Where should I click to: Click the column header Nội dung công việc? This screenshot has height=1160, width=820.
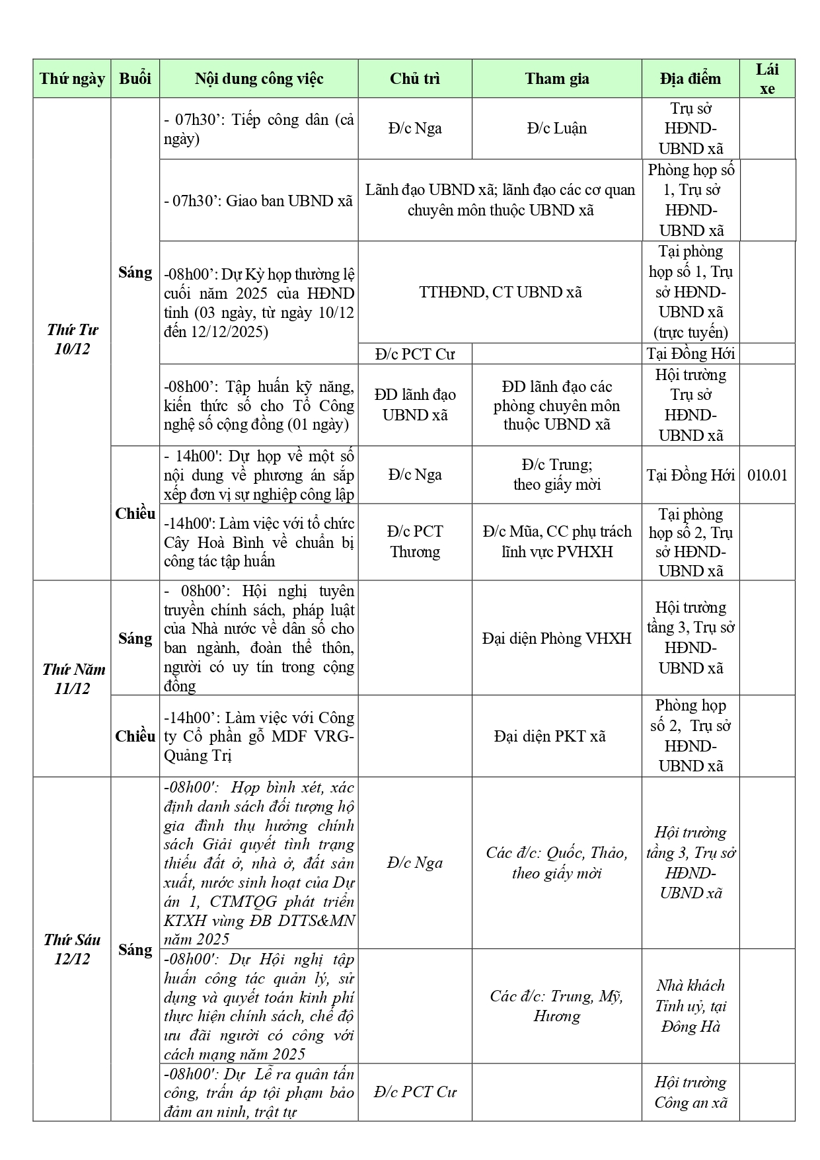click(x=259, y=79)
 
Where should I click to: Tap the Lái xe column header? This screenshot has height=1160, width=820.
click(x=766, y=79)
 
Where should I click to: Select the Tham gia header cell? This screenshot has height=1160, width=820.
click(x=556, y=79)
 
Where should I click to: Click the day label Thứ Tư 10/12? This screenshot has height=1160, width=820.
click(x=72, y=339)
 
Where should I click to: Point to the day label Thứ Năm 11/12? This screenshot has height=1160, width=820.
click(x=72, y=678)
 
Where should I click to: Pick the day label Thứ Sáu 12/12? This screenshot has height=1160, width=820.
click(x=72, y=948)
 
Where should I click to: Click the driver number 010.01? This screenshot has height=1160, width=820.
click(x=766, y=475)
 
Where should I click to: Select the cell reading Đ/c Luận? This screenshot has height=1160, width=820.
click(x=556, y=128)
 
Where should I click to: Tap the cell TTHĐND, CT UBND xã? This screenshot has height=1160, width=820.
click(x=500, y=292)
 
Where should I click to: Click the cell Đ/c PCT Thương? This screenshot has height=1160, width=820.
click(x=415, y=541)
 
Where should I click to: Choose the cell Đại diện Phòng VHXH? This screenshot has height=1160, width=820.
click(x=556, y=638)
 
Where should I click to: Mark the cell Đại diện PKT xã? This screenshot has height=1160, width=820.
click(x=550, y=736)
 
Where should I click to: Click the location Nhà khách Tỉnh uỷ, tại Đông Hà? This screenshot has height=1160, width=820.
click(x=690, y=1005)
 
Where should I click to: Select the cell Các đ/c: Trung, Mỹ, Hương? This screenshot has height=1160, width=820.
click(x=556, y=1005)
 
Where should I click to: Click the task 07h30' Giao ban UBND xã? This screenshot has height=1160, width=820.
click(x=258, y=200)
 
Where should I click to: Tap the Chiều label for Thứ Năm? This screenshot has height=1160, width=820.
click(x=135, y=736)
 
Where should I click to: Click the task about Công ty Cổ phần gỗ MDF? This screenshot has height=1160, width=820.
click(x=258, y=736)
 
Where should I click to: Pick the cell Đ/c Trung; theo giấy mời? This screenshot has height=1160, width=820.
click(x=556, y=475)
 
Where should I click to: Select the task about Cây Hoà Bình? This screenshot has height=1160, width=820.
click(x=258, y=542)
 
